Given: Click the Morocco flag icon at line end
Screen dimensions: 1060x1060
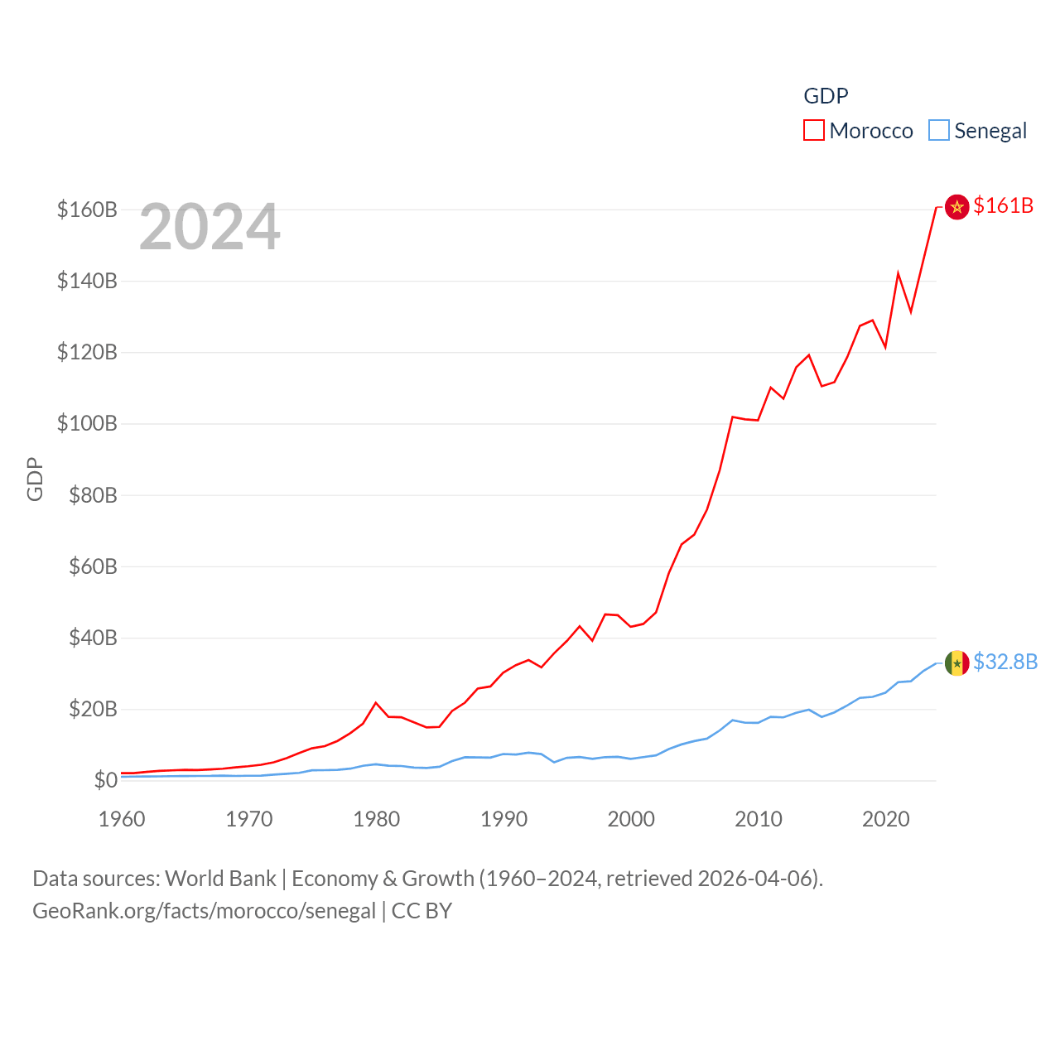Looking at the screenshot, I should [x=956, y=207].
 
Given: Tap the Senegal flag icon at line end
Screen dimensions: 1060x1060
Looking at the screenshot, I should [x=956, y=663].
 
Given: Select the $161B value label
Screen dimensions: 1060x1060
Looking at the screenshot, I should [x=1003, y=205].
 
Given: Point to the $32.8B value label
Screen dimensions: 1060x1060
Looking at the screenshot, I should [x=1005, y=662].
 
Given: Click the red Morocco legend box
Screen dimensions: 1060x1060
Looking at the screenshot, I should [x=813, y=131].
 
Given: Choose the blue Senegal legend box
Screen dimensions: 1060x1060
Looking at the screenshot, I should [x=938, y=131].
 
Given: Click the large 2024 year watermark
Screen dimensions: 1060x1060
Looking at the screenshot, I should [x=210, y=227].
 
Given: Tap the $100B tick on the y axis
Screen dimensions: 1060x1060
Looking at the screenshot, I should [x=87, y=424].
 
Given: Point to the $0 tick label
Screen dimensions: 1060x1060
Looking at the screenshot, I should [x=105, y=780].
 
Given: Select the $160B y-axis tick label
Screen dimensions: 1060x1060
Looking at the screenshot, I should [x=87, y=210].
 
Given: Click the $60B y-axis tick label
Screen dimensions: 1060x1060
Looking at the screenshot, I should [x=87, y=566].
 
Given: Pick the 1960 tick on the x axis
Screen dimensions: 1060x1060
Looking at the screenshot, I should [x=122, y=819].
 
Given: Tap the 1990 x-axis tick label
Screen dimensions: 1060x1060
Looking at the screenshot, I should [x=503, y=819].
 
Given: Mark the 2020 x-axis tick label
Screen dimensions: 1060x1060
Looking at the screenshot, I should [x=886, y=819].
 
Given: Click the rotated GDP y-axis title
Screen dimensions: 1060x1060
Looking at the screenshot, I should [x=35, y=479].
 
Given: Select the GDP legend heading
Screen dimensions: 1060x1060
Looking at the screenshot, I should [x=826, y=96].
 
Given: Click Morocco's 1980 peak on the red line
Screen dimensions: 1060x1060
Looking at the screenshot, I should [x=376, y=703].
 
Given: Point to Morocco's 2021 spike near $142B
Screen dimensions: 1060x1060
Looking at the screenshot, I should [x=898, y=273].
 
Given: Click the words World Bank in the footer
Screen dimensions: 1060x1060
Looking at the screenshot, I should [x=220, y=878].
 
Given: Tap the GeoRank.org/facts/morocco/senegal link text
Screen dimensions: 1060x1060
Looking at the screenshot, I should [x=204, y=911].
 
